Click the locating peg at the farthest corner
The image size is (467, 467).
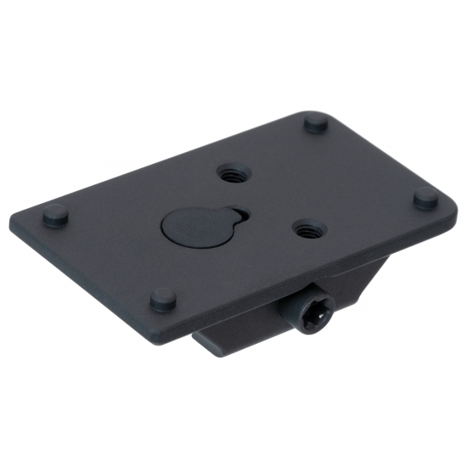315,125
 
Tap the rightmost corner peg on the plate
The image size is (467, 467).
425,197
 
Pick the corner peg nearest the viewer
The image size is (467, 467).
163,298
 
